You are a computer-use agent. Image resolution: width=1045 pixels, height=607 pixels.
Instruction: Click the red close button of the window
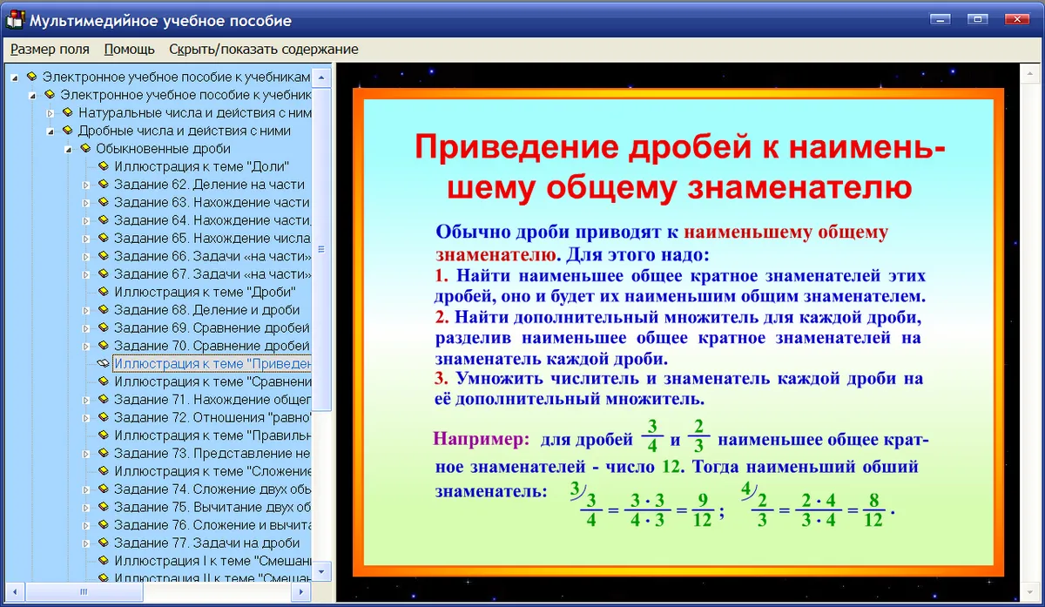(x=1016, y=19)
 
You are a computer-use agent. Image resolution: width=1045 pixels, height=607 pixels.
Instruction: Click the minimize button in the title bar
(x=940, y=19)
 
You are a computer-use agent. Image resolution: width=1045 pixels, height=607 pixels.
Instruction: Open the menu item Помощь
(x=129, y=49)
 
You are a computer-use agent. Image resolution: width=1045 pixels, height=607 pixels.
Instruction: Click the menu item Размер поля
(x=50, y=49)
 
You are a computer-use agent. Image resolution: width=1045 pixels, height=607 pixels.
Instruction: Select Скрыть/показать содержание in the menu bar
(x=264, y=49)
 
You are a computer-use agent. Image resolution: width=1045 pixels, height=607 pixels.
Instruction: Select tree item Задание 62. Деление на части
(x=209, y=185)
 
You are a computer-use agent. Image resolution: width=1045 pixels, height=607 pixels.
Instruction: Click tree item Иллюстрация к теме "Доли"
(x=201, y=166)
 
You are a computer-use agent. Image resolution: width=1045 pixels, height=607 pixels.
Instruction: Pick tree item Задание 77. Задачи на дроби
(x=206, y=543)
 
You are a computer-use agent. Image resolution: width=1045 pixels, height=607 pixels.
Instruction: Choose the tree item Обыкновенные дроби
(x=163, y=149)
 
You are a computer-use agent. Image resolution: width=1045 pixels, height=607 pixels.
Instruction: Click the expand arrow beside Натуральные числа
(x=50, y=113)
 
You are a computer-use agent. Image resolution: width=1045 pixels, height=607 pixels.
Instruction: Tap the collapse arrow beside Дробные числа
(x=51, y=132)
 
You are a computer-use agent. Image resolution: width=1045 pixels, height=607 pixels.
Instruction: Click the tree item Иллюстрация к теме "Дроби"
(x=205, y=292)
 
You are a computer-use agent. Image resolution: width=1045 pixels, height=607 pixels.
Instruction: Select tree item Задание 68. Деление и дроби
(x=206, y=310)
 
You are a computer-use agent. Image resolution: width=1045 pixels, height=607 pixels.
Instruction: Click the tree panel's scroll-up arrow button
(x=321, y=78)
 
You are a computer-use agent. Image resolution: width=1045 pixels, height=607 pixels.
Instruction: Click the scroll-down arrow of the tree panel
(x=321, y=571)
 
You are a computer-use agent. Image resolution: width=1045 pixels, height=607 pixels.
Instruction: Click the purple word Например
(x=482, y=439)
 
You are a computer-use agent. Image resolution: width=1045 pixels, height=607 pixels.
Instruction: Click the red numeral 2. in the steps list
(x=442, y=317)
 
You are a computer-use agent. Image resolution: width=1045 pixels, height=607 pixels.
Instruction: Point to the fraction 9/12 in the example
(x=702, y=509)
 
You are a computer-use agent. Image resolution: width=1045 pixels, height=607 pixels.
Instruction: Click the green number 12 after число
(x=671, y=467)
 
